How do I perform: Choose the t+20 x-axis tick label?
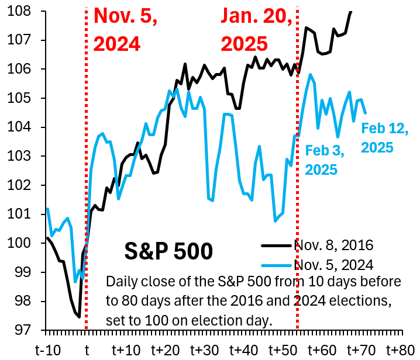click(x=164, y=350)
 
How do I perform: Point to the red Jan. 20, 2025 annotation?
click(x=256, y=29)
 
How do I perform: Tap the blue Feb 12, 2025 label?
click(x=384, y=138)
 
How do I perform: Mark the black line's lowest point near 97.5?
click(x=79, y=317)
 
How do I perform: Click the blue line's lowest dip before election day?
click(x=75, y=282)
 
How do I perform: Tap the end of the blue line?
click(x=366, y=113)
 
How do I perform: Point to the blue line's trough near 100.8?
click(x=275, y=221)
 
